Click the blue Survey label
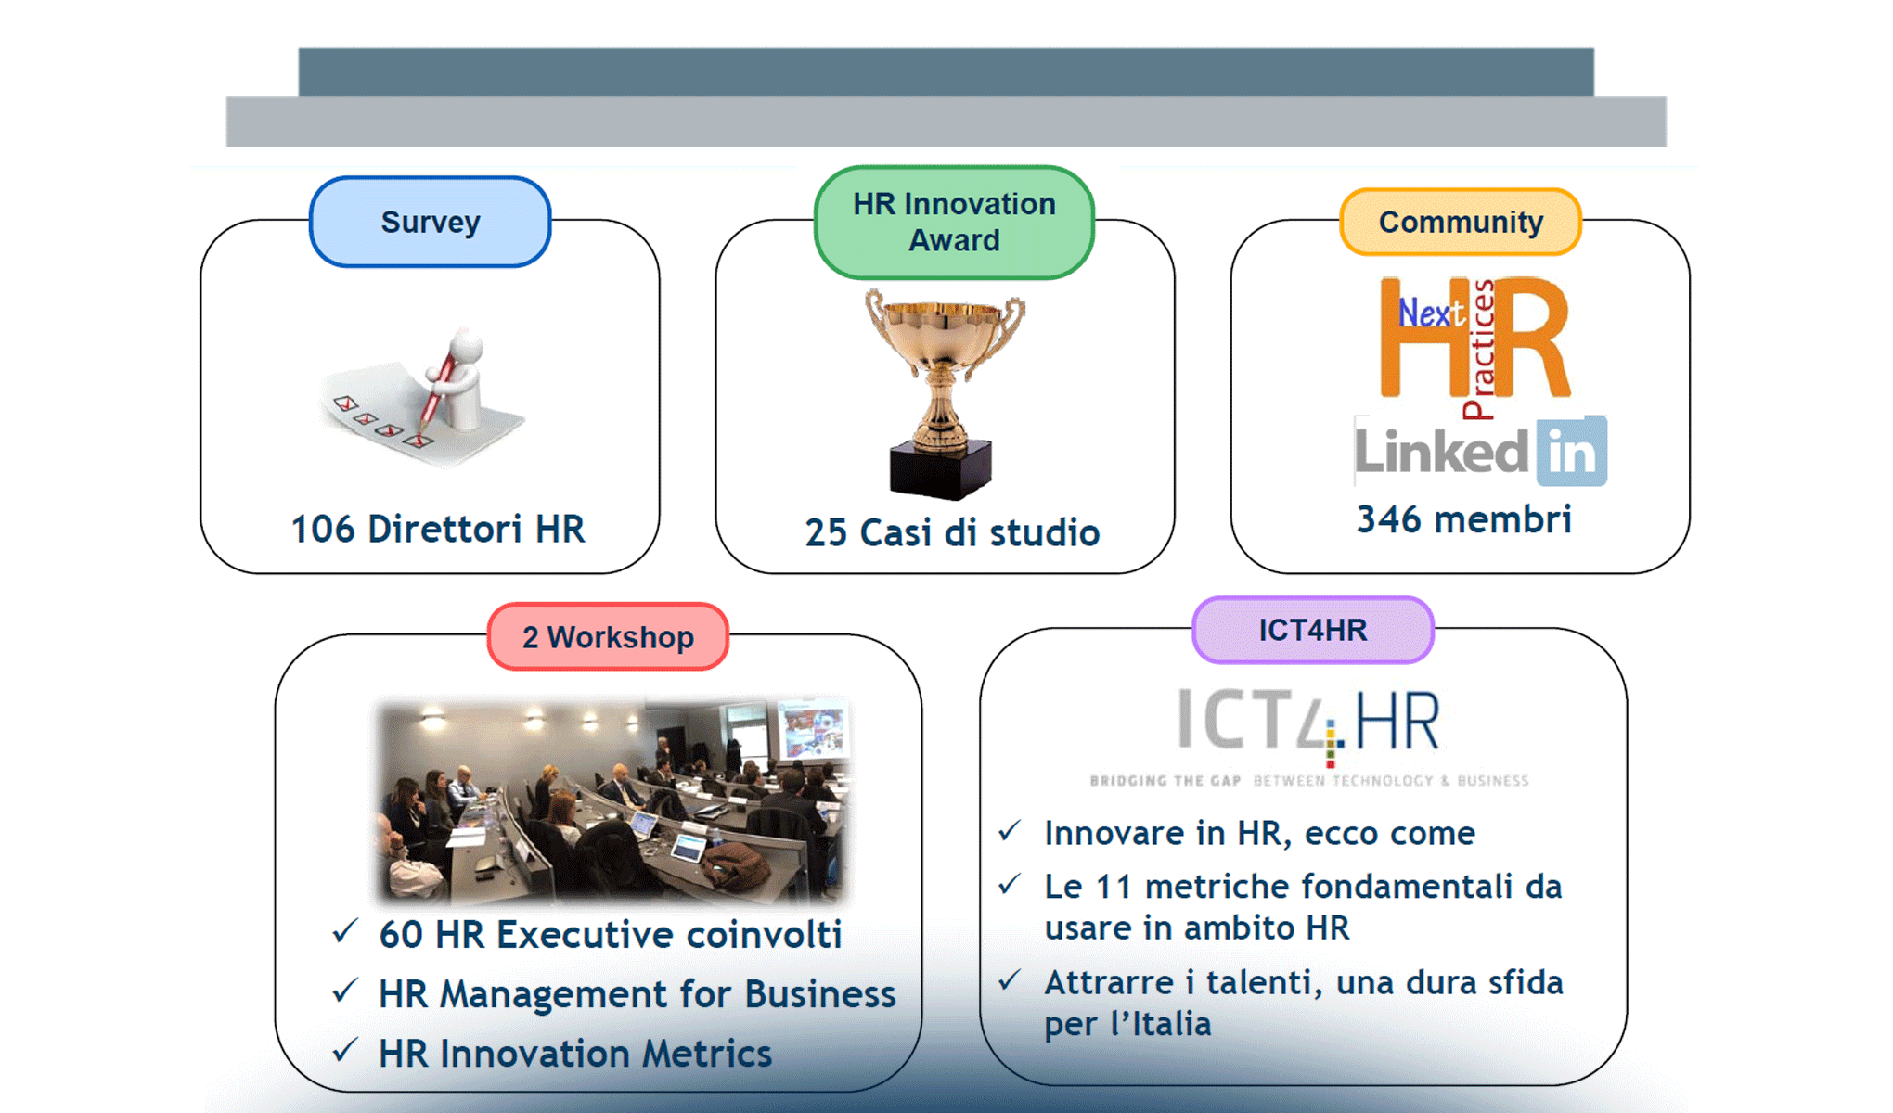click(x=430, y=222)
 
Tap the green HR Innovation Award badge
click(x=954, y=223)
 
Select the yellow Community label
click(x=1461, y=222)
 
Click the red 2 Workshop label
click(x=608, y=637)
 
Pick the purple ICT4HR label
click(x=1312, y=631)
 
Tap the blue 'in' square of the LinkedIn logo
click(x=1572, y=452)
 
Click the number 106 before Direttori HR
click(x=323, y=530)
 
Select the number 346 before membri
click(x=1388, y=519)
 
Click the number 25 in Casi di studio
click(x=825, y=533)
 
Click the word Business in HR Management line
click(x=819, y=994)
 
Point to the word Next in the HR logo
click(x=1429, y=313)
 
